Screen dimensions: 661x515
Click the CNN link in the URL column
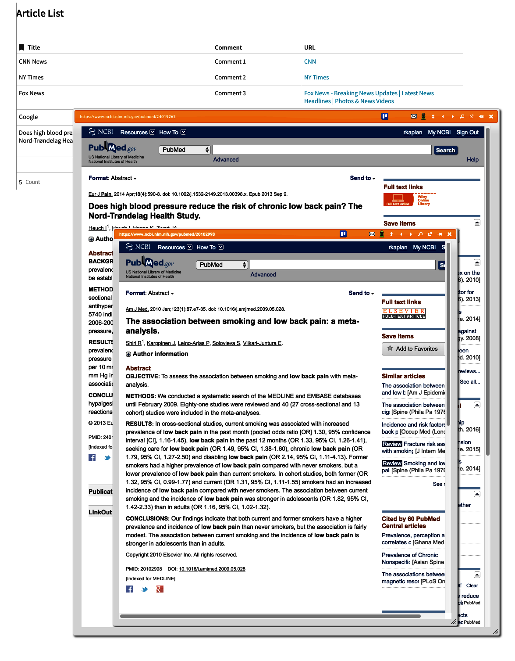[x=310, y=62]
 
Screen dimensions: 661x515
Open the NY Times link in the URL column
[x=316, y=78]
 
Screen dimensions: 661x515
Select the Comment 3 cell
[x=230, y=93]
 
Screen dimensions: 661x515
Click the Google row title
[x=28, y=117]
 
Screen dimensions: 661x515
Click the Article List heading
[x=40, y=14]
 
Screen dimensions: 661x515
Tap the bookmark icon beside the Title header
[x=21, y=47]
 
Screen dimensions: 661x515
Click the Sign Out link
[x=467, y=133]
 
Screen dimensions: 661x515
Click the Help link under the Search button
[x=472, y=160]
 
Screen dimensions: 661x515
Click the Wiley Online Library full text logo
[x=409, y=200]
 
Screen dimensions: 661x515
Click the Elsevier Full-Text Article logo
[x=403, y=313]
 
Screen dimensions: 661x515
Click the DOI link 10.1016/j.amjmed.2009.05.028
[x=212, y=569]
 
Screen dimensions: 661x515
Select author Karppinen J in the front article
[x=161, y=343]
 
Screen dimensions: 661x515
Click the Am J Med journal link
[x=137, y=309]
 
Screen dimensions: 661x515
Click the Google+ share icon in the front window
[x=160, y=589]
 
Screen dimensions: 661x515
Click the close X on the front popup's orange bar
[x=449, y=234]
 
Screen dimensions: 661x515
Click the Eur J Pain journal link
[x=100, y=194]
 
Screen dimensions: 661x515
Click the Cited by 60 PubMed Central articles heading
[x=411, y=522]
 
